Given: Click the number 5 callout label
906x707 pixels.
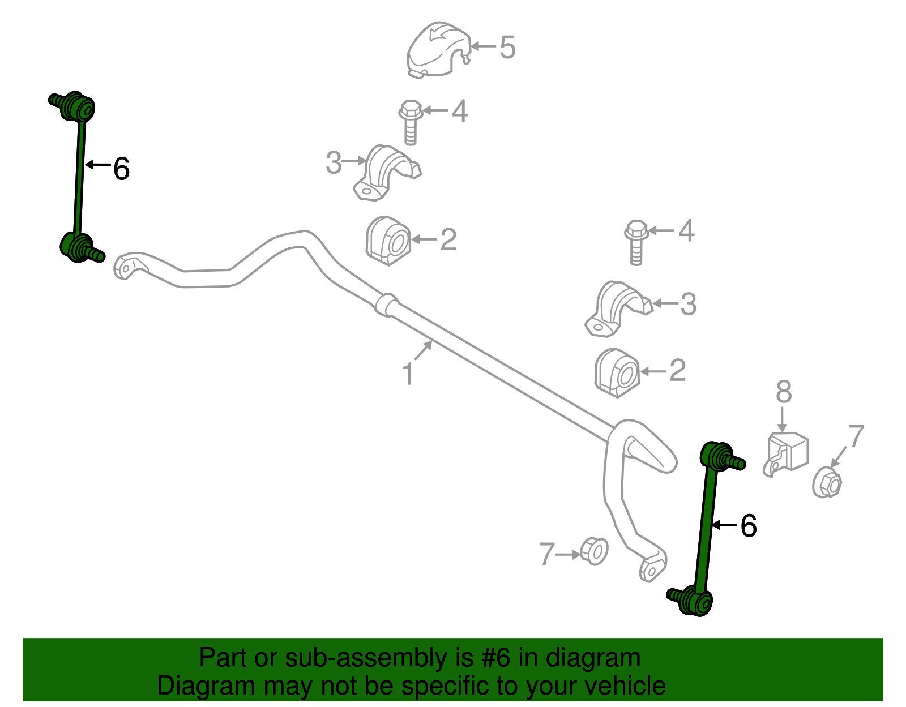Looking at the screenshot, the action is pos(507,47).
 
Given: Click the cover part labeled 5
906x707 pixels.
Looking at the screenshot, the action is pos(438,50).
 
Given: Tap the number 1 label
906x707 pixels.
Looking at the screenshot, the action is pos(408,374).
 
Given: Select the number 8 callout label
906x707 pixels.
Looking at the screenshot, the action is pos(784,392).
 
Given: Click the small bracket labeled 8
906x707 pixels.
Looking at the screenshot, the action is pos(786,454).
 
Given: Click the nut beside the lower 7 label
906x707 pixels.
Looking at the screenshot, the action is pos(594,551).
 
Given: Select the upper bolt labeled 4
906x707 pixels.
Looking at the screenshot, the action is pos(411,122).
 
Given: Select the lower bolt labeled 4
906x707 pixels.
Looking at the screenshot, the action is pos(636,242).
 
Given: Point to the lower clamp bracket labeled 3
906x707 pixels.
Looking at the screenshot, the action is pos(618,308).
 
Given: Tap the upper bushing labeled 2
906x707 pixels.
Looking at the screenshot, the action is pos(388,241).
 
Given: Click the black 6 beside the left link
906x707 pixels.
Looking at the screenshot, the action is pos(121,169).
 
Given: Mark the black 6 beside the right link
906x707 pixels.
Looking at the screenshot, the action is pos(749,526).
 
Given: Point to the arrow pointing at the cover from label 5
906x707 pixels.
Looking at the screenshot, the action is pos(483,46).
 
